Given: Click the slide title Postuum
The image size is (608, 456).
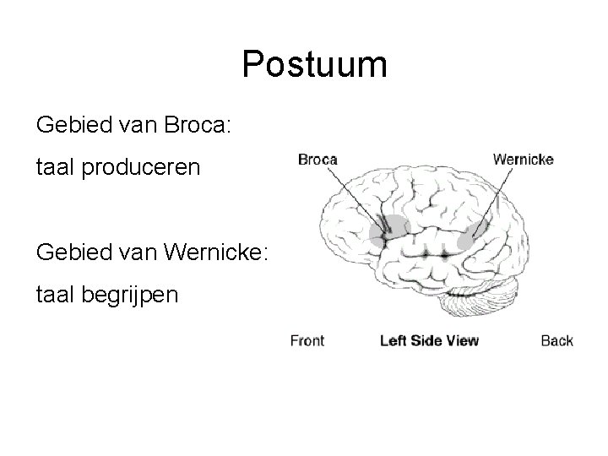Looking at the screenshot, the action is click(314, 65).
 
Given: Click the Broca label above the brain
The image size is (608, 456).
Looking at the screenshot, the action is click(318, 159).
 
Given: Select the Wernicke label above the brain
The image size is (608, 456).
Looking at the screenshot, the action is click(523, 159).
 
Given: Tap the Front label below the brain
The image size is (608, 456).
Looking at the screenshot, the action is click(307, 341).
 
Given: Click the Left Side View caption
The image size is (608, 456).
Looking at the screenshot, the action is click(429, 341).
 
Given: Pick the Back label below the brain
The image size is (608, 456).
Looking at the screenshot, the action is click(556, 341).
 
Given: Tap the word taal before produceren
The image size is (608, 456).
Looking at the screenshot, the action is click(54, 167).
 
